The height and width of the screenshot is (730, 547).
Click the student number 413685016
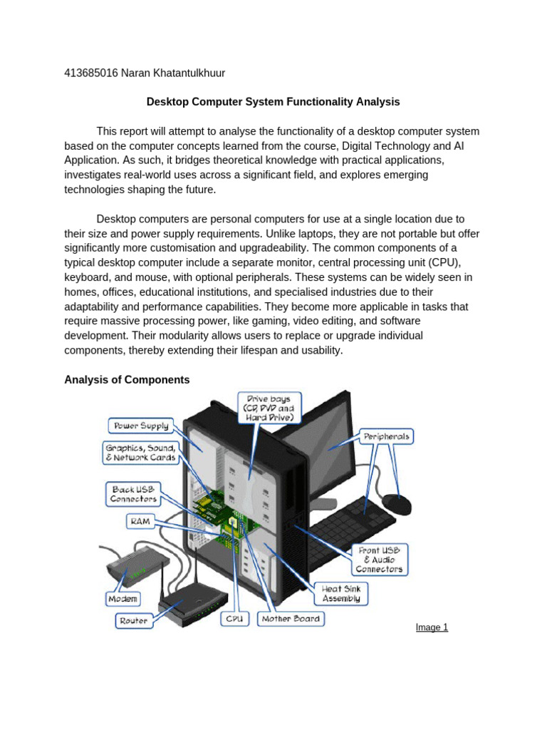[91, 73]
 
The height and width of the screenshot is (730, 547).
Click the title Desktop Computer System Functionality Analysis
[273, 102]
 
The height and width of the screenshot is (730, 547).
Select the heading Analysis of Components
[127, 380]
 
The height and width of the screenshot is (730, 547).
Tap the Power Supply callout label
[139, 426]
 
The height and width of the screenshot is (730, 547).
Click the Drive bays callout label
[270, 407]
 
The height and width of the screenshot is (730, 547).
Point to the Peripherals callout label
[387, 435]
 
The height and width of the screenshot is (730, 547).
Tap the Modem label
[123, 598]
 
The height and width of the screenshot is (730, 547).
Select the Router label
[133, 621]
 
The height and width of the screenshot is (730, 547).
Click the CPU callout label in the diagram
[234, 619]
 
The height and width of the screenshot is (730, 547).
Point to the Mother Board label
[291, 619]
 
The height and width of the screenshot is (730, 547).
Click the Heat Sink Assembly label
[341, 594]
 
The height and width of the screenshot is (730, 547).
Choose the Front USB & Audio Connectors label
[380, 560]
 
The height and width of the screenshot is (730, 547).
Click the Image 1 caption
[432, 627]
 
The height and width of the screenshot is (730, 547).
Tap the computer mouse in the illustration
[397, 504]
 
